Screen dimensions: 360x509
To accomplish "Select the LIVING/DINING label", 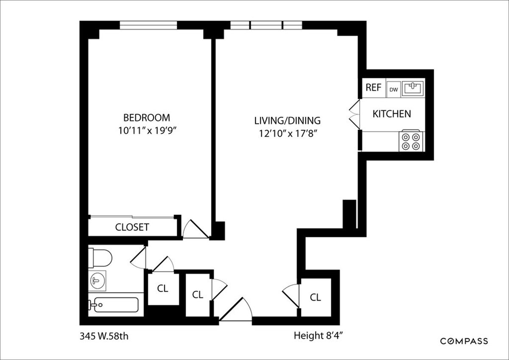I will [x=288, y=120].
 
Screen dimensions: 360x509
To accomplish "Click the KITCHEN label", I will [x=392, y=114].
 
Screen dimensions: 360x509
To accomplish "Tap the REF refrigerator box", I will [x=374, y=88].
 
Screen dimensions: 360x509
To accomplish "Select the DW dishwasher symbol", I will [x=393, y=89].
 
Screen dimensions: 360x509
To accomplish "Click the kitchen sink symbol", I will [x=412, y=88].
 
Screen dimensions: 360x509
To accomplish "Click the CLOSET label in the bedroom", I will [x=132, y=227].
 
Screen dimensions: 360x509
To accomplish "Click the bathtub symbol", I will [x=113, y=305].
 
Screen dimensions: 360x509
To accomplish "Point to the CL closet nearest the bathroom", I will [x=162, y=289].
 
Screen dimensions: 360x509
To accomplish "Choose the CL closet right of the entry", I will [x=315, y=297].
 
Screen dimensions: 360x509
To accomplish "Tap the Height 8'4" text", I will [x=318, y=336].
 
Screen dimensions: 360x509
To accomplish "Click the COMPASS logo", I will [x=464, y=341].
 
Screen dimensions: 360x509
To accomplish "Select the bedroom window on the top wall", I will [x=148, y=25].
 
